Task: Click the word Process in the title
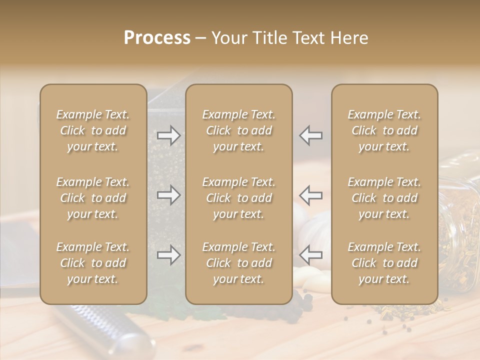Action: pos(157,38)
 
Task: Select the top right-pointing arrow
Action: pos(169,135)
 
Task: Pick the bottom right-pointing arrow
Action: pos(169,255)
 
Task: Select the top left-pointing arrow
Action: pos(311,135)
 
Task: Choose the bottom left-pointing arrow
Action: pos(311,255)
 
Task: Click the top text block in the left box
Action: pos(93,130)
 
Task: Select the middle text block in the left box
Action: pos(93,198)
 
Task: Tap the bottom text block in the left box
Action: pos(93,263)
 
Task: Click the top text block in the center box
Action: pos(238,130)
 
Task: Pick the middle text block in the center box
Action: pos(238,198)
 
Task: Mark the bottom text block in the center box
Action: pos(238,263)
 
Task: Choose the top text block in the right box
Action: pos(384,130)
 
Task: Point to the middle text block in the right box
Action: pos(384,198)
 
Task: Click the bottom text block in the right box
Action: pos(384,263)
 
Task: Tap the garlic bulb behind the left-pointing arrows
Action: pos(316,227)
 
